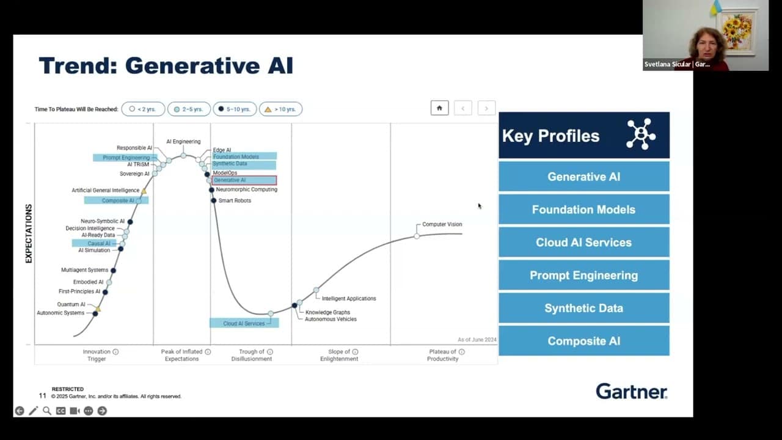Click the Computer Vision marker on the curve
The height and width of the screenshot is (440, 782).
pos(417,236)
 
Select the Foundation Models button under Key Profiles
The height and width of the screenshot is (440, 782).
pos(583,210)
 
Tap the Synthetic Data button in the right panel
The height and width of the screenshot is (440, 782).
pos(583,308)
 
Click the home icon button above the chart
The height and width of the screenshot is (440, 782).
pos(439,108)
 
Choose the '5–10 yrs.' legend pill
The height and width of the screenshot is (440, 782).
pos(235,109)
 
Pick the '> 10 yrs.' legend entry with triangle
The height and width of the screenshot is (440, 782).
pos(280,109)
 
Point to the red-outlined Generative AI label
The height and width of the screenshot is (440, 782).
pos(244,180)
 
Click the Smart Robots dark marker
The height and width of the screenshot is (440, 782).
pos(214,200)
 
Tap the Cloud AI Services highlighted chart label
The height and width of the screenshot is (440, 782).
pos(244,323)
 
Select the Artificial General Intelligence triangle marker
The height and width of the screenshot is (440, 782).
pos(144,191)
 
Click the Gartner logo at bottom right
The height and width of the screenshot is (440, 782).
pos(632,392)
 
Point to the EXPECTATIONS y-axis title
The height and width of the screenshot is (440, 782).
pos(29,233)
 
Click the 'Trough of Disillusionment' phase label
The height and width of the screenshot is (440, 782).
pos(251,355)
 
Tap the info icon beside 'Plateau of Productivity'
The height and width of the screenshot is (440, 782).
pos(461,351)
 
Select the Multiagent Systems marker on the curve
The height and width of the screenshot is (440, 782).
pos(113,270)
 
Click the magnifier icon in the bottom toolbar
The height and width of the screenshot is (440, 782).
pos(47,411)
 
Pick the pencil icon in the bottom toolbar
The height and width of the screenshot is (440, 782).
pos(33,411)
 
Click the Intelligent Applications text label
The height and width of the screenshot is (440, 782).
pos(349,299)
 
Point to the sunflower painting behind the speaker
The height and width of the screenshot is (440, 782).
pos(737,31)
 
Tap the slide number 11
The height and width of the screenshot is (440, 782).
pos(43,395)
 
